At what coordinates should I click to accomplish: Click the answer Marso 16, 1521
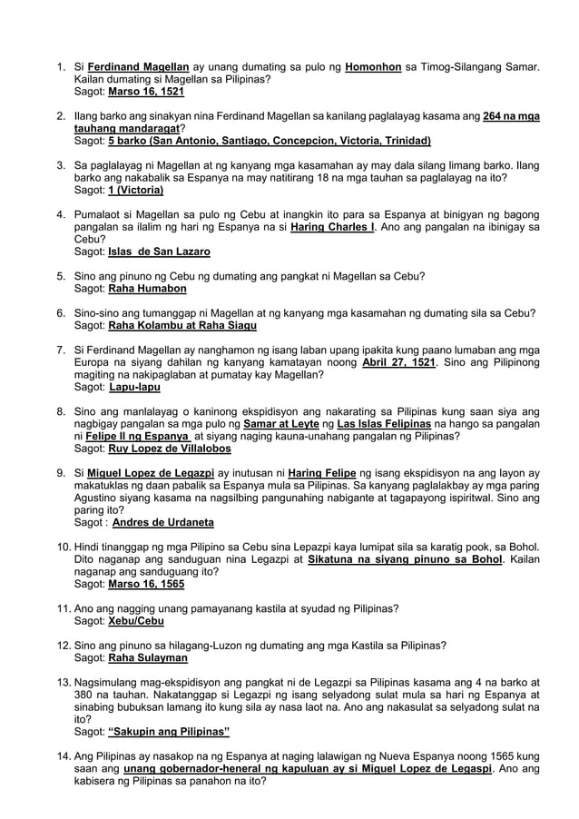point(146,93)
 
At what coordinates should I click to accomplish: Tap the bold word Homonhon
point(374,67)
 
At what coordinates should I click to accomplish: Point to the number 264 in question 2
point(497,117)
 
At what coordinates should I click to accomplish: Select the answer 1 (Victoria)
point(135,191)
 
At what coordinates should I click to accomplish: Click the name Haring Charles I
point(332,227)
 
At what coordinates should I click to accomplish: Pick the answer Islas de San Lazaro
point(159,252)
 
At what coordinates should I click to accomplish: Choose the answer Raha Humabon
point(147,289)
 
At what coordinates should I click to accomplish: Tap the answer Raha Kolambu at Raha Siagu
point(182,325)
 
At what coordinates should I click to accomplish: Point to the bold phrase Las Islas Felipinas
point(385,424)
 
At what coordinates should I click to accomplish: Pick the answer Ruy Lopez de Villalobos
point(170,449)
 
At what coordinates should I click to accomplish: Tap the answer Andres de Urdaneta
point(163,523)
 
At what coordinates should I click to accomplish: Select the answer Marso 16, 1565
point(146,584)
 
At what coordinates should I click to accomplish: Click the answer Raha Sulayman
point(148,657)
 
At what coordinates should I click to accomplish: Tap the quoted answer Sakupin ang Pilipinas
point(169,731)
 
